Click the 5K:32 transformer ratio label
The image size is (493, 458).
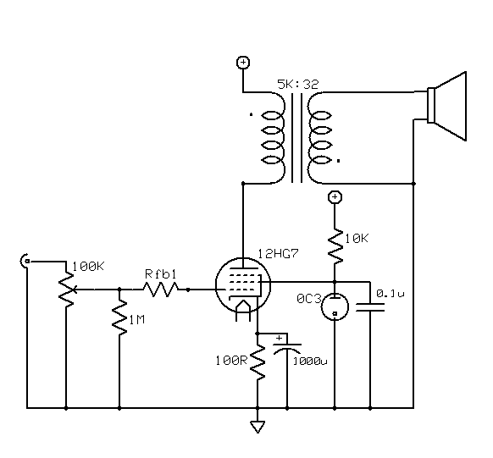(x=298, y=84)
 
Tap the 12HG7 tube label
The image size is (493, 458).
(x=278, y=254)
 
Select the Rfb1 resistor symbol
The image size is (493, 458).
(x=161, y=290)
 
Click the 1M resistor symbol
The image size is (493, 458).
(x=119, y=317)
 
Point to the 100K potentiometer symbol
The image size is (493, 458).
(x=67, y=290)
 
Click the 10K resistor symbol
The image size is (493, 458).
(x=335, y=246)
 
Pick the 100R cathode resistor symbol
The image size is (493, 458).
(x=258, y=362)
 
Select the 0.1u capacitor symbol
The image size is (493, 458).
(x=370, y=307)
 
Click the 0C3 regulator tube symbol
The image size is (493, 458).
(x=335, y=306)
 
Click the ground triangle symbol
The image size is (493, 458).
(x=258, y=428)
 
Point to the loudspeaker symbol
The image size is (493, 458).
(x=446, y=106)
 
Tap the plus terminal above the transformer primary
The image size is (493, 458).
(x=243, y=63)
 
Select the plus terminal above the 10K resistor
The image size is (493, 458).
(x=335, y=197)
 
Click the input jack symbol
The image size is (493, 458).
(x=25, y=261)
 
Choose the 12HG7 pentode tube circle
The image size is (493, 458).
(x=243, y=285)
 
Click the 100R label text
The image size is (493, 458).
(x=232, y=361)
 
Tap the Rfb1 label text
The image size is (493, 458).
(x=161, y=274)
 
